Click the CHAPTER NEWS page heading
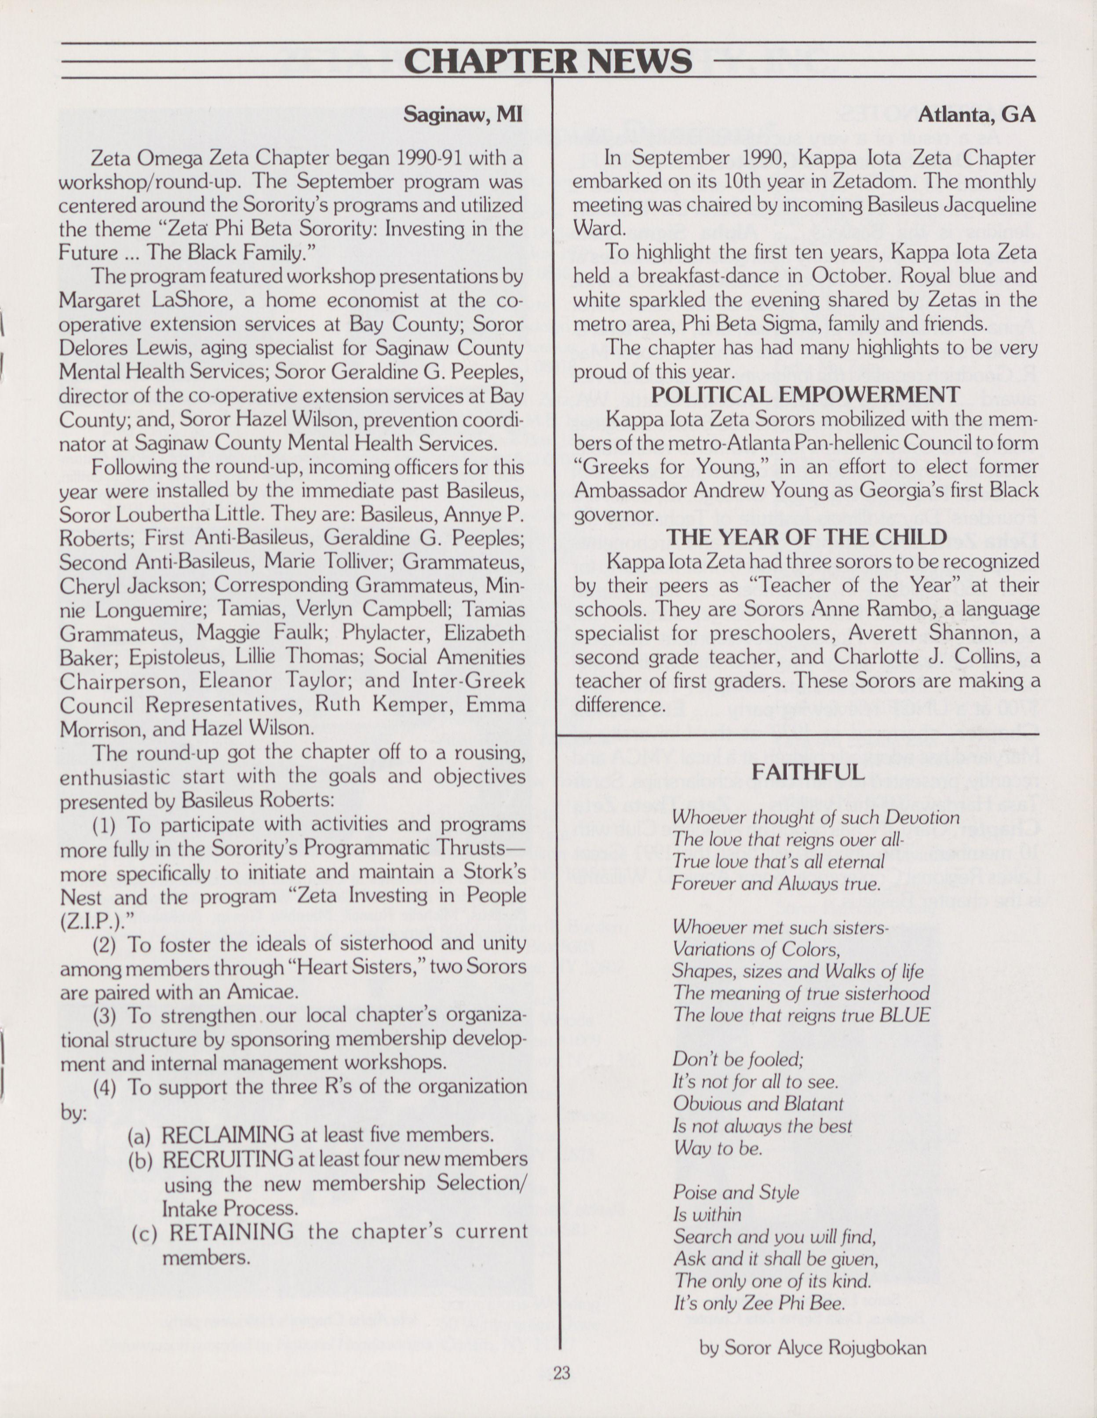(548, 62)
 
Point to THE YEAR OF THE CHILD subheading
(807, 536)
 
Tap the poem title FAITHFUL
(808, 772)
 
